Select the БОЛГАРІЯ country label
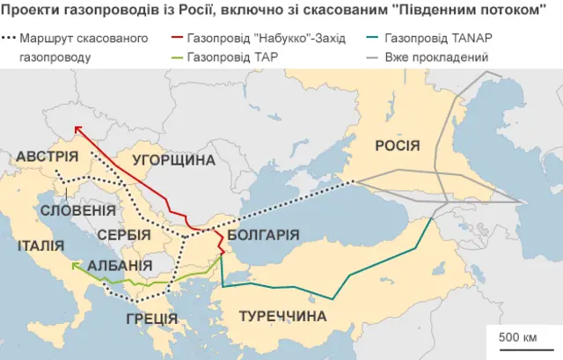(x=263, y=235)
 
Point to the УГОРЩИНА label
(x=174, y=159)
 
